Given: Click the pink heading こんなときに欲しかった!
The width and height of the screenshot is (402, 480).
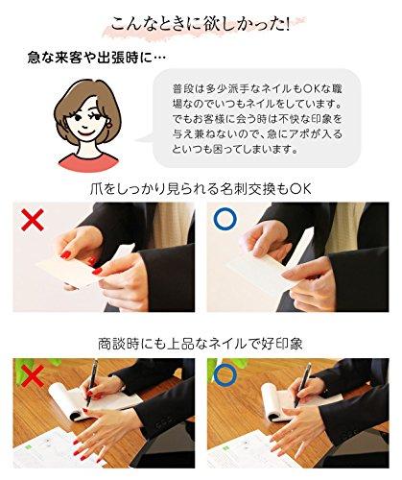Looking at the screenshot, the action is click(x=201, y=25).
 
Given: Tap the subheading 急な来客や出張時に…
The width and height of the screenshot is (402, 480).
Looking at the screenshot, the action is click(x=97, y=59).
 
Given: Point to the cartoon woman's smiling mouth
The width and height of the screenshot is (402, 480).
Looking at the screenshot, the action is click(x=85, y=132).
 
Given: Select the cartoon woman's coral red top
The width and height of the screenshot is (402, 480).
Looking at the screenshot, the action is click(x=88, y=163).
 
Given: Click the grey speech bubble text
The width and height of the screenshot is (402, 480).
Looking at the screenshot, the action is click(x=257, y=119).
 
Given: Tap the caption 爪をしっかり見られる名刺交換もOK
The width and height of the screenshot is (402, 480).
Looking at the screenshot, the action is click(x=201, y=189).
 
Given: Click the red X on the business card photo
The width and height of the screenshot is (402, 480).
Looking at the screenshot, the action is click(x=33, y=219).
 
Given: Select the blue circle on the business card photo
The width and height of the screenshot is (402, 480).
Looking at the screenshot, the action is click(x=225, y=220).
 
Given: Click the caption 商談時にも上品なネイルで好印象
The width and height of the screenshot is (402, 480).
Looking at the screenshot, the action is click(x=201, y=344).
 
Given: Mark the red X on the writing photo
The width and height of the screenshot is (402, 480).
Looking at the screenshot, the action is click(x=32, y=375).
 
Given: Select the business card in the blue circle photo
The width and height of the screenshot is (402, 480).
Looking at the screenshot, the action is click(x=262, y=270).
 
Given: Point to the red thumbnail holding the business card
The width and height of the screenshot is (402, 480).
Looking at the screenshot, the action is click(x=65, y=255).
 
